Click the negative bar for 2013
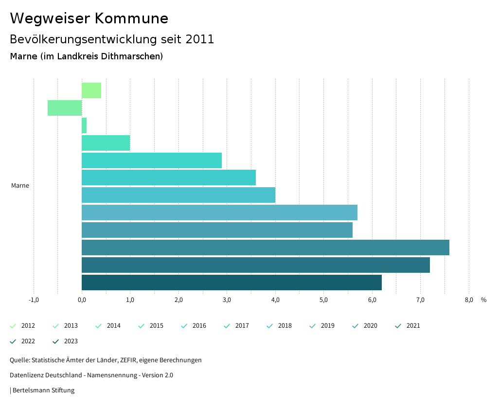pos(65,108)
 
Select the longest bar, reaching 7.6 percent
pos(265,247)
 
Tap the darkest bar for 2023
pos(231,282)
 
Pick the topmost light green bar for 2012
pos(91,90)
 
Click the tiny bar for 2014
pos(84,125)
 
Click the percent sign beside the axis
pos(483,300)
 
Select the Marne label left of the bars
pos(20,186)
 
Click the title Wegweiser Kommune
pos(89,18)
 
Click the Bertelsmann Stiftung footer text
pos(43,390)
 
